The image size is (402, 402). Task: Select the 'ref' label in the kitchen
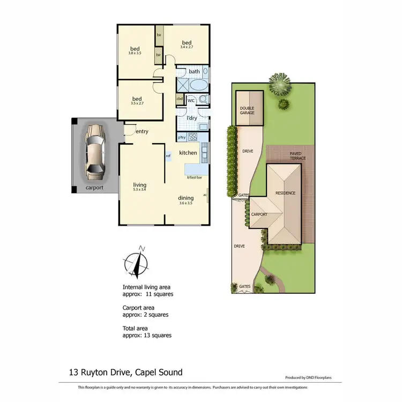[x=168, y=156]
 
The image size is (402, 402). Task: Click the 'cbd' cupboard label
[x=179, y=99]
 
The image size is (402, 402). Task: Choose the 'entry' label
[x=142, y=131]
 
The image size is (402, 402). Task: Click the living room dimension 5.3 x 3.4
[x=139, y=189]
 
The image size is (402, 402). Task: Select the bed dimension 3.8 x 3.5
[x=134, y=53]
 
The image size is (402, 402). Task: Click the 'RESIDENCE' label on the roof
[x=286, y=193]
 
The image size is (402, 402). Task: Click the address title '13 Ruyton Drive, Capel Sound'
[x=125, y=372]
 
